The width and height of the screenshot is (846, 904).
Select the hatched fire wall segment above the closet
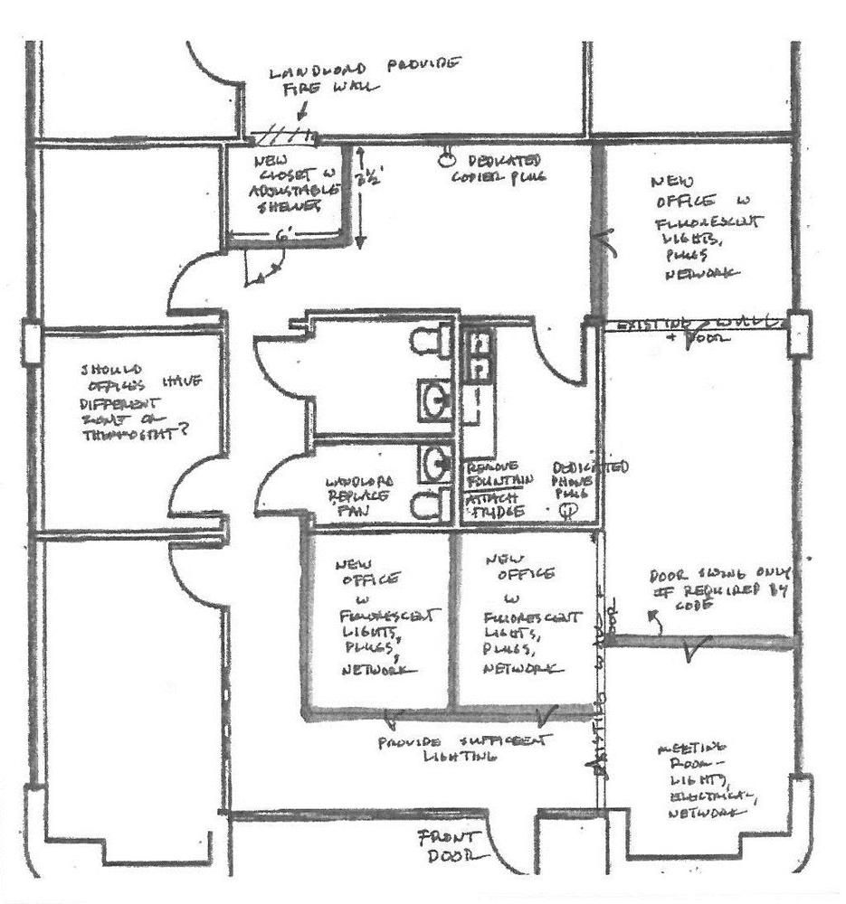pos(283,137)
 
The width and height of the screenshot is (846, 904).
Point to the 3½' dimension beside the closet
pos(369,180)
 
